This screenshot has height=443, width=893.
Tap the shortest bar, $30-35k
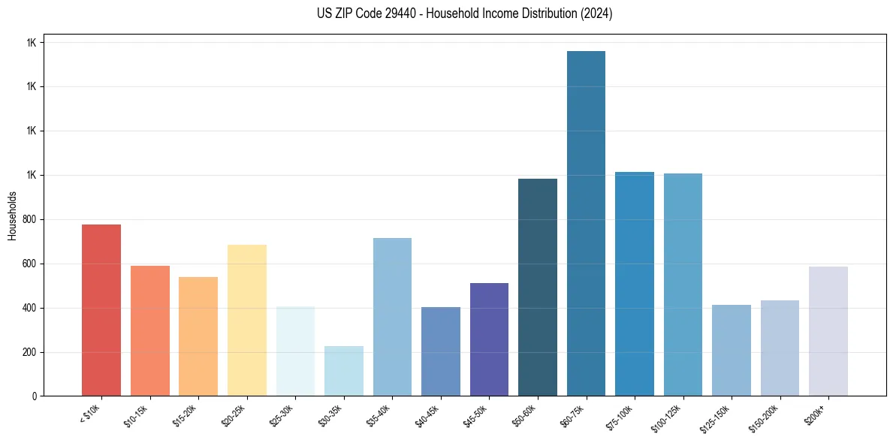(344, 371)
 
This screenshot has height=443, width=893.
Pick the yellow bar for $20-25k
(247, 321)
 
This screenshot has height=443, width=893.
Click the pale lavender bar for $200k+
(828, 331)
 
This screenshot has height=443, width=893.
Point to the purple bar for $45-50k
(489, 339)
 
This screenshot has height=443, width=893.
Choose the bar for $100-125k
(683, 285)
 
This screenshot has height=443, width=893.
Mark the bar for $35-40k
(392, 317)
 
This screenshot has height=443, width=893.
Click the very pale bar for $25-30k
(295, 351)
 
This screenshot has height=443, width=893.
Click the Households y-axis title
(12, 215)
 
